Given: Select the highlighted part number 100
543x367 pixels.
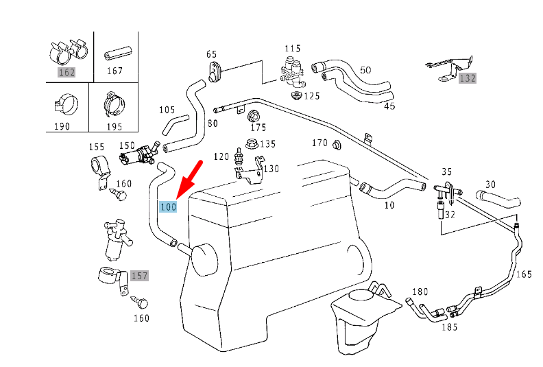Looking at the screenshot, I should (x=168, y=206).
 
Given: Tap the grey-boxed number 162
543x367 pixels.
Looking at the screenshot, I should (x=67, y=72).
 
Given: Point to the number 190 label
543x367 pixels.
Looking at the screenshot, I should (x=62, y=126).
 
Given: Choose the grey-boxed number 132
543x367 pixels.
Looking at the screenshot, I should (x=467, y=78).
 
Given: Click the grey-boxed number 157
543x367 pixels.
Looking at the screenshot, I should (x=139, y=276).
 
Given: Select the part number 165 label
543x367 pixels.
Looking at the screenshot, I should (x=524, y=274).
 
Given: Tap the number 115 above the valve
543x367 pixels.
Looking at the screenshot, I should (x=293, y=48).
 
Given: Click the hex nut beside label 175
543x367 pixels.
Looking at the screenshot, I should (x=254, y=115).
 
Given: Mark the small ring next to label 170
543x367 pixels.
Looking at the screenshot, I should (x=337, y=144).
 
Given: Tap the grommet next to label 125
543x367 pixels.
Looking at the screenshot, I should (x=296, y=95).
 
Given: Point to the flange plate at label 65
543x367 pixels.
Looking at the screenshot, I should (x=216, y=71).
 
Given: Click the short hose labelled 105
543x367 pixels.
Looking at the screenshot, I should (x=174, y=124).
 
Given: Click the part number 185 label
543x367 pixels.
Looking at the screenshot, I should (x=449, y=327).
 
